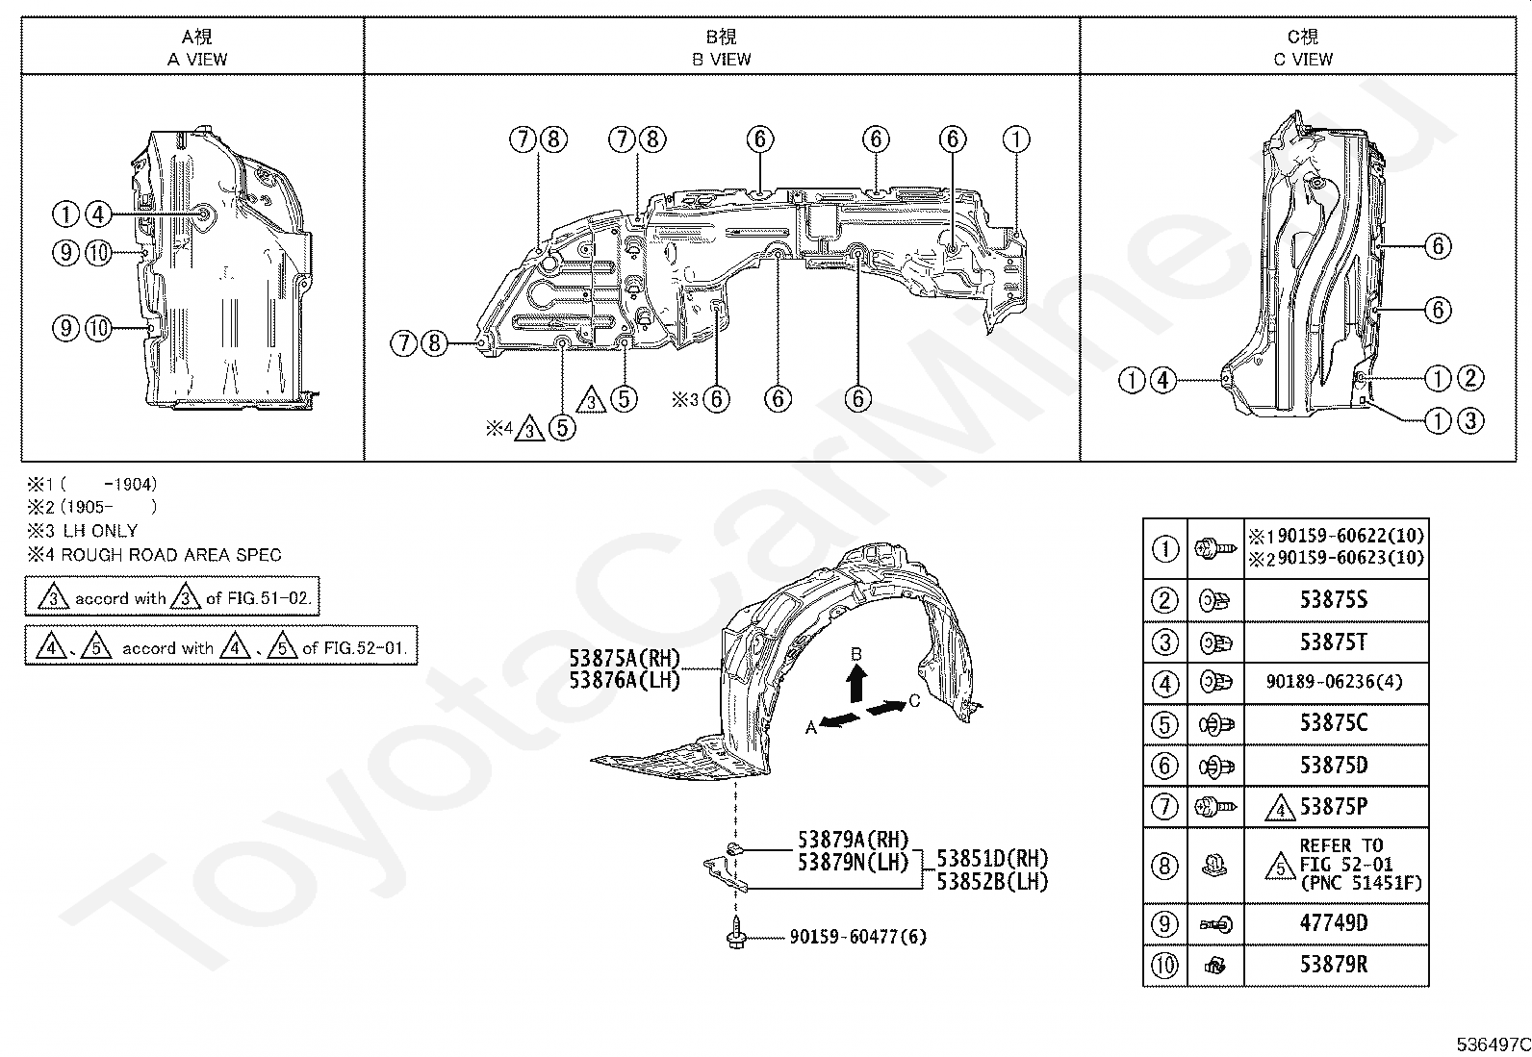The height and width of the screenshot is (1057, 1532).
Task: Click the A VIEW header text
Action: click(197, 60)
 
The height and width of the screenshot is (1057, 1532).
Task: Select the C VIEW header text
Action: click(1303, 60)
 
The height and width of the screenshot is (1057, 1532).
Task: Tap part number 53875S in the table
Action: click(1334, 599)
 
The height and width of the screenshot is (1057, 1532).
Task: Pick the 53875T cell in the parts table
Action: click(1334, 642)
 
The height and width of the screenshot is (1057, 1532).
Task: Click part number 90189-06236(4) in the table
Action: click(1335, 682)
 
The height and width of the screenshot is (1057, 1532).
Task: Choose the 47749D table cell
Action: click(1334, 923)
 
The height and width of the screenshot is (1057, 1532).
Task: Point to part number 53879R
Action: click(1334, 964)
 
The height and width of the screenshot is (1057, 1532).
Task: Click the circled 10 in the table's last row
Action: click(1164, 966)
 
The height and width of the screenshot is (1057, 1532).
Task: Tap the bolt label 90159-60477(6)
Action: click(858, 936)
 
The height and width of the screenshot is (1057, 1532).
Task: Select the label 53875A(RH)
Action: click(625, 659)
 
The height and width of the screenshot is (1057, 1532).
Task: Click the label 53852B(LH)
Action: click(992, 882)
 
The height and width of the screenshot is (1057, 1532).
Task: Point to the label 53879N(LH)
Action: click(853, 862)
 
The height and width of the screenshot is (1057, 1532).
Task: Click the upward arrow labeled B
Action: click(855, 684)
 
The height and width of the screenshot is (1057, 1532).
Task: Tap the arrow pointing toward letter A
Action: click(840, 719)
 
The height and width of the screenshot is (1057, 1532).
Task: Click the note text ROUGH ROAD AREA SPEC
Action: click(171, 555)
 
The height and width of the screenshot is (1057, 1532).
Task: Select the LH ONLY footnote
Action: click(100, 531)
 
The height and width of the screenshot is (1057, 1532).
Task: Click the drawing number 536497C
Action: click(1493, 1044)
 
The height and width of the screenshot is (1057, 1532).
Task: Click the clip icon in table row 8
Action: click(1214, 867)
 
